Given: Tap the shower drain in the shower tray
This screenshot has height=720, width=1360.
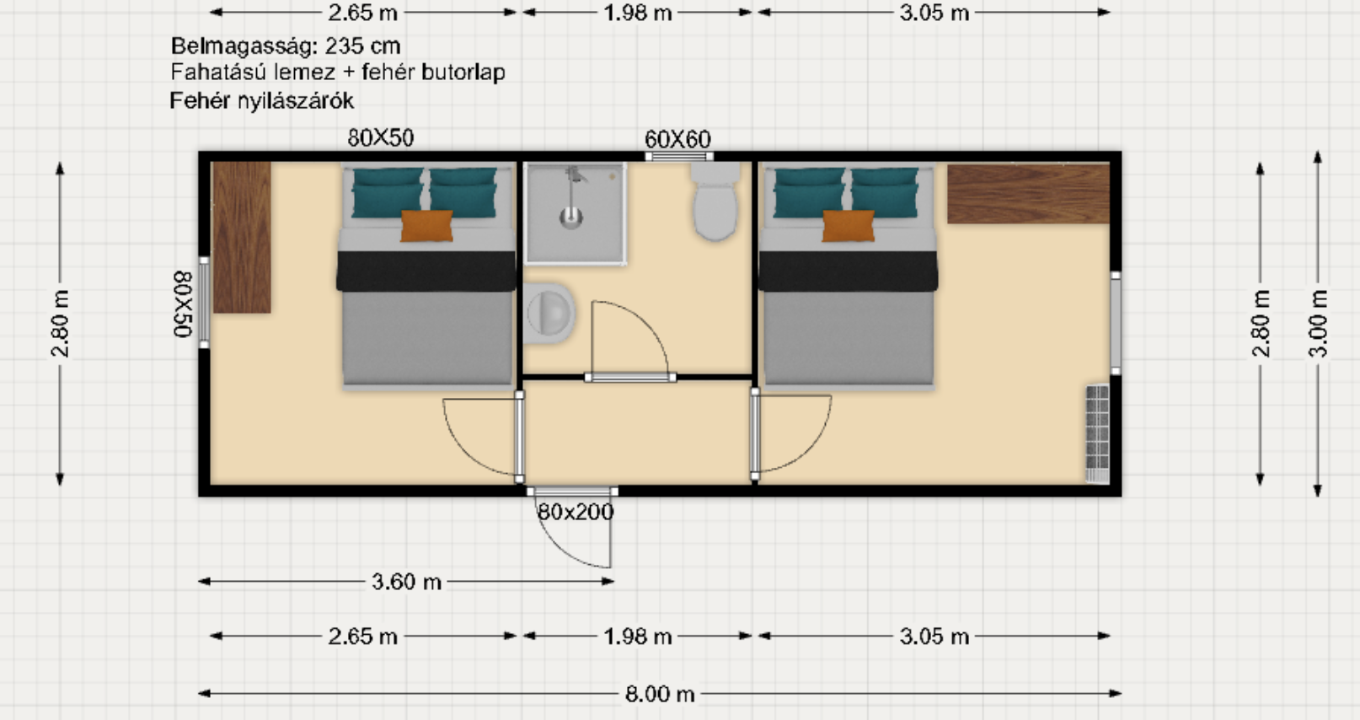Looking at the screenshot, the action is pyautogui.click(x=570, y=217).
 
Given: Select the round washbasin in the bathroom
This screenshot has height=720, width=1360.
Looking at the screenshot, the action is pyautogui.click(x=549, y=314).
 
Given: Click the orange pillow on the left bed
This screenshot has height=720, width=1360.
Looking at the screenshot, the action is pyautogui.click(x=426, y=226).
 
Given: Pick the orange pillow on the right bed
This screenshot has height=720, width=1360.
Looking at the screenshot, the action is pyautogui.click(x=849, y=226).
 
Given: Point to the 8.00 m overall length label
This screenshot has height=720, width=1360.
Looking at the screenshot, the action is pyautogui.click(x=660, y=694).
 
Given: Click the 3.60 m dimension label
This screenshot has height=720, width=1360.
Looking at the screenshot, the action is pyautogui.click(x=406, y=582).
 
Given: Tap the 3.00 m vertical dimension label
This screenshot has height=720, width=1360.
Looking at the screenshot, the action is pyautogui.click(x=1318, y=324).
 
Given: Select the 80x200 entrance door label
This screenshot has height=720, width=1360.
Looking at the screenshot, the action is pyautogui.click(x=576, y=513).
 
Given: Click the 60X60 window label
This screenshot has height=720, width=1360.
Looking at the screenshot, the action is pyautogui.click(x=677, y=140).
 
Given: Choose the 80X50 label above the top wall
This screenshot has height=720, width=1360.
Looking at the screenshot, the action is pyautogui.click(x=381, y=138).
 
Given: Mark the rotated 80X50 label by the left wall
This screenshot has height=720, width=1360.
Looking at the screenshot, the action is pyautogui.click(x=183, y=304).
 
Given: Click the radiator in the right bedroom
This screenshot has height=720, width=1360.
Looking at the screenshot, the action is pyautogui.click(x=1097, y=434).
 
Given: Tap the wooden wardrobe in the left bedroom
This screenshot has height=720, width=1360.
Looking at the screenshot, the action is pyautogui.click(x=242, y=237).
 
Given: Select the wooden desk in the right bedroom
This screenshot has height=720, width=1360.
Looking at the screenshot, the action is pyautogui.click(x=1029, y=193).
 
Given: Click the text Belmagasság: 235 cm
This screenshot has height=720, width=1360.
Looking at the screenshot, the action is pyautogui.click(x=286, y=46).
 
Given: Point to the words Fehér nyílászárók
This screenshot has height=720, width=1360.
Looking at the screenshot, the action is pyautogui.click(x=262, y=101).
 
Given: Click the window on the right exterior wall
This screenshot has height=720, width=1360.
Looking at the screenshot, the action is pyautogui.click(x=1116, y=323).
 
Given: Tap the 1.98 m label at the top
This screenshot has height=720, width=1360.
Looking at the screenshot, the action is pyautogui.click(x=638, y=13).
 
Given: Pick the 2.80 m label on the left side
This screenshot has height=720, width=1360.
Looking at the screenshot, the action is pyautogui.click(x=60, y=324).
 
